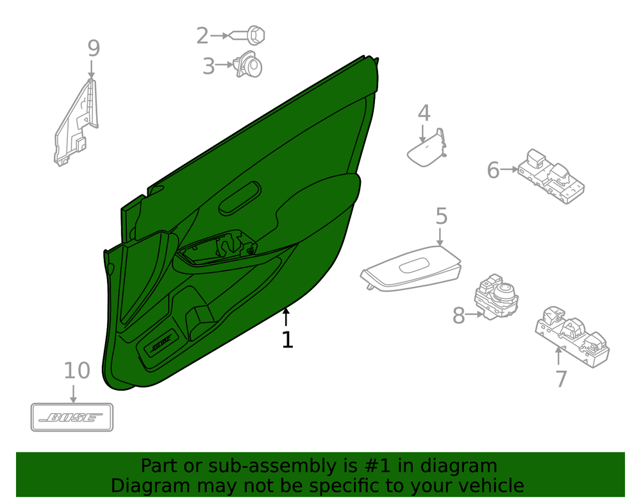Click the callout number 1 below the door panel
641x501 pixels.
pos(287,340)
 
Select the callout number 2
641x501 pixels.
pos(203,35)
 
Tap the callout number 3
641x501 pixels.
pos(208,66)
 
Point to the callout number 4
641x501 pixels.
pos(424,113)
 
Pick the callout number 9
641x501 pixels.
pos(94,48)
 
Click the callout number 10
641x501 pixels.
pos(77,371)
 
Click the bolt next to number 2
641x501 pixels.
pos(247,35)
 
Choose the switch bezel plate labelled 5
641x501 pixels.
pos(411,269)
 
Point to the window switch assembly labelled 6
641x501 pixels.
pos(551,176)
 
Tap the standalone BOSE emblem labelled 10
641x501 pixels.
pos(72,417)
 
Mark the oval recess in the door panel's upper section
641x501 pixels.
pos(240,198)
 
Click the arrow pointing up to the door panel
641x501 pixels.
pos(286,316)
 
